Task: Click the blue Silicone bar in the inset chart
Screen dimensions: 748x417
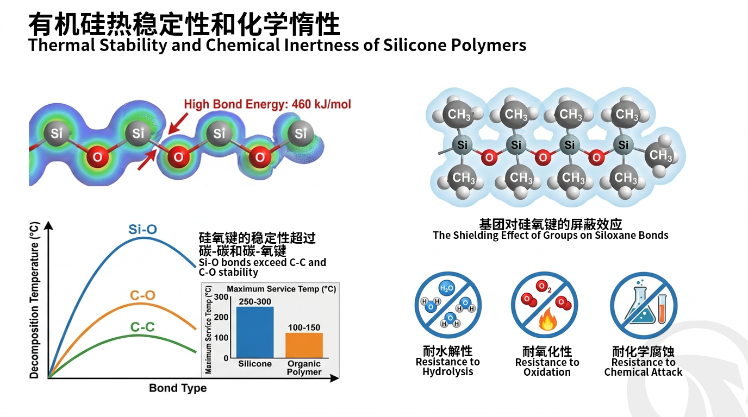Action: (255, 332)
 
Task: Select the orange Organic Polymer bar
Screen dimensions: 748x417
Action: (304, 345)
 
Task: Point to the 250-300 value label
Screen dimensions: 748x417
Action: (255, 301)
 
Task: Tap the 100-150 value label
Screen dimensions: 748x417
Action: (304, 327)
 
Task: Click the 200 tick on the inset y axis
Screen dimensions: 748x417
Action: (221, 317)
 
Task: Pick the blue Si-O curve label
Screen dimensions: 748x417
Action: (142, 229)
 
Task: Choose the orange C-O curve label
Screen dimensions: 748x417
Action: (142, 295)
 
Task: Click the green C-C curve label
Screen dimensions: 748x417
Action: (142, 327)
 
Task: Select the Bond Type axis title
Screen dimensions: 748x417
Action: (178, 388)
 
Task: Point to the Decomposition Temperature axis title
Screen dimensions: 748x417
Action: (34, 300)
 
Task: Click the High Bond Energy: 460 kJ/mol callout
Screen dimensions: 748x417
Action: (267, 104)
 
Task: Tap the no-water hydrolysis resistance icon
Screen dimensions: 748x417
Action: (448, 305)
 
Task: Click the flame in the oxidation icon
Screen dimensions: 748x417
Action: (547, 320)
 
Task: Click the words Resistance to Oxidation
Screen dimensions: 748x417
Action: (547, 367)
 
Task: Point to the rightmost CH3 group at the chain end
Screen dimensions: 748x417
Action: (660, 155)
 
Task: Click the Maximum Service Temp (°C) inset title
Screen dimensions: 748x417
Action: (282, 289)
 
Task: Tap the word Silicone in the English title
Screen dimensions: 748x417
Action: (415, 45)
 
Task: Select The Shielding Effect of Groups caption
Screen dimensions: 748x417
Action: (551, 235)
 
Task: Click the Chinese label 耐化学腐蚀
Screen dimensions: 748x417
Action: (643, 352)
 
